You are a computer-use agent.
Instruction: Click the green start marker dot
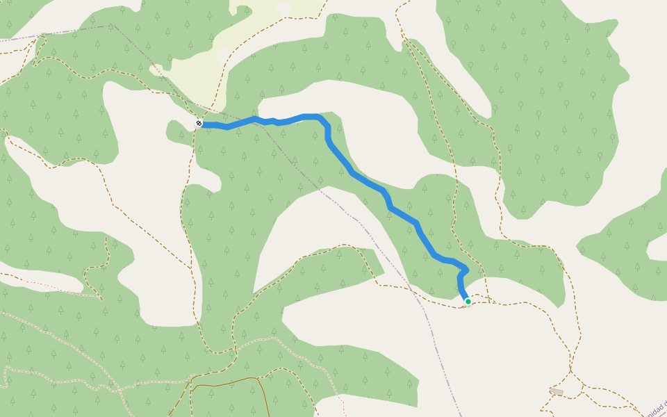468,301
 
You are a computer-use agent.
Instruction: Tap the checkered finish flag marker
199,123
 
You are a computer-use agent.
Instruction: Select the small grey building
557,392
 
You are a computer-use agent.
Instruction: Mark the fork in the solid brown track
258,378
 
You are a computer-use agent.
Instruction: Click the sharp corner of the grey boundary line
112,26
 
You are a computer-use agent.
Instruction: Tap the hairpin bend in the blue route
465,270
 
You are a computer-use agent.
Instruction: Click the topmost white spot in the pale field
283,7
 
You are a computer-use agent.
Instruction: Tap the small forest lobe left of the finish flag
177,130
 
